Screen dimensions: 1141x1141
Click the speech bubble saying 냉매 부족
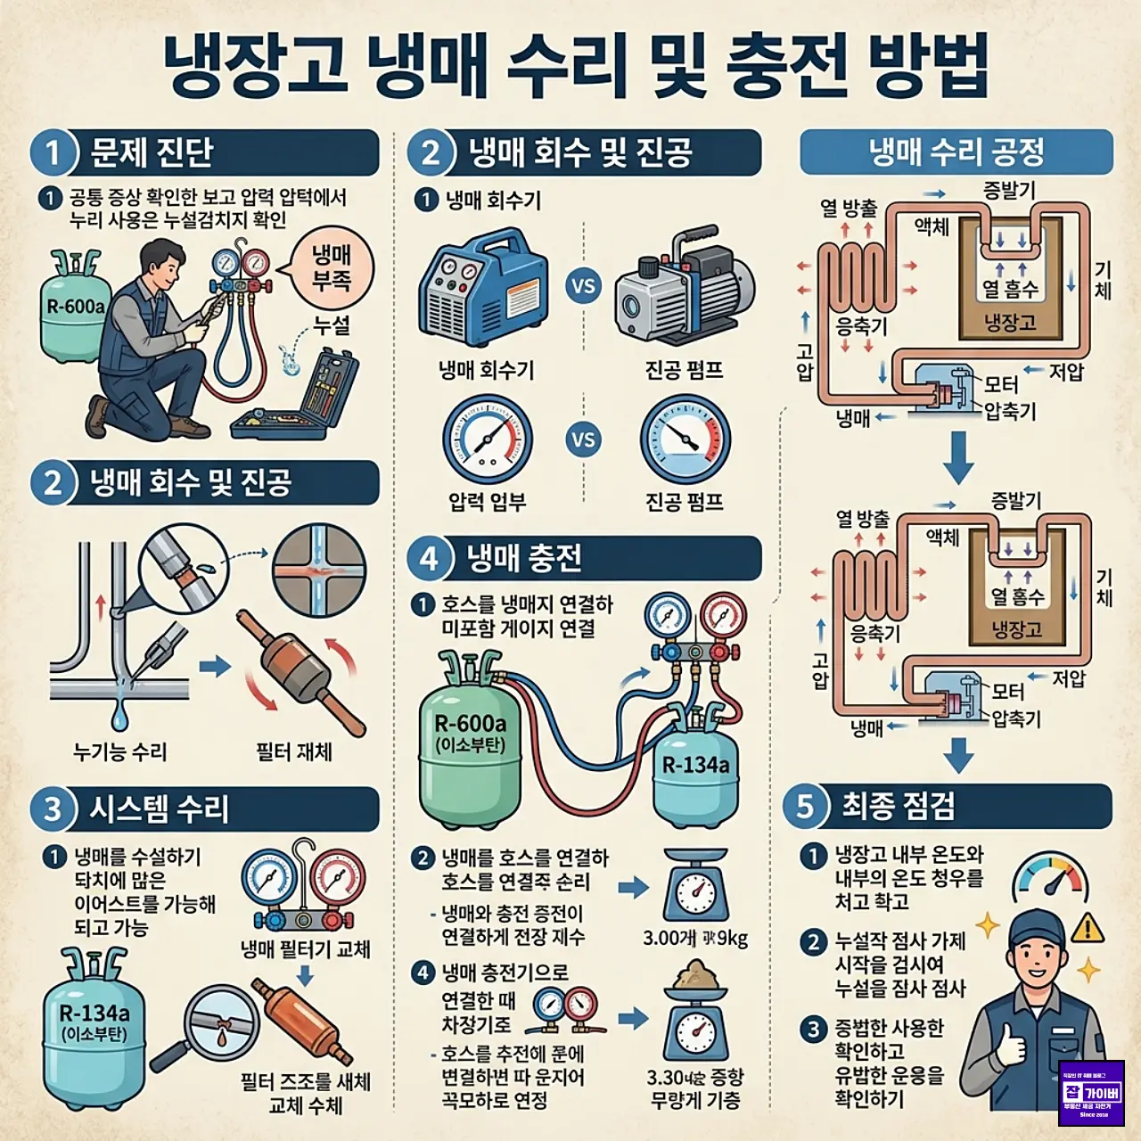pyautogui.click(x=331, y=268)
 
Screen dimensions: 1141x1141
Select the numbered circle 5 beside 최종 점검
pyautogui.click(x=805, y=807)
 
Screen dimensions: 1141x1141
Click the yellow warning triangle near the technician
pyautogui.click(x=1087, y=929)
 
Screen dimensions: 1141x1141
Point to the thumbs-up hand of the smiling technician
pyautogui.click(x=1011, y=1044)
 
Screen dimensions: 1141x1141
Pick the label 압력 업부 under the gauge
pyautogui.click(x=487, y=502)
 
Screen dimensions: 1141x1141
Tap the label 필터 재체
pyautogui.click(x=293, y=752)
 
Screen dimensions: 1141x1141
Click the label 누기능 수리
pyautogui.click(x=119, y=752)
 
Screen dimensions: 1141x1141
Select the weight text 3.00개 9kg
pyautogui.click(x=695, y=938)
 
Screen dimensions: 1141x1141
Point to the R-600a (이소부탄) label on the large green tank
pyautogui.click(x=470, y=733)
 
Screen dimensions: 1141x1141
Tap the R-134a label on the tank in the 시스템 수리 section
pyautogui.click(x=94, y=1022)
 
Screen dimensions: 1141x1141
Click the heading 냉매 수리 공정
pyautogui.click(x=956, y=152)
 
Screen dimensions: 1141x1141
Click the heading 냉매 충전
pyautogui.click(x=524, y=559)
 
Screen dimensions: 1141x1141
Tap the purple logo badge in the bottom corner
pyautogui.click(x=1091, y=1093)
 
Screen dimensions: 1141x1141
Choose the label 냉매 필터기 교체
pyautogui.click(x=305, y=949)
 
